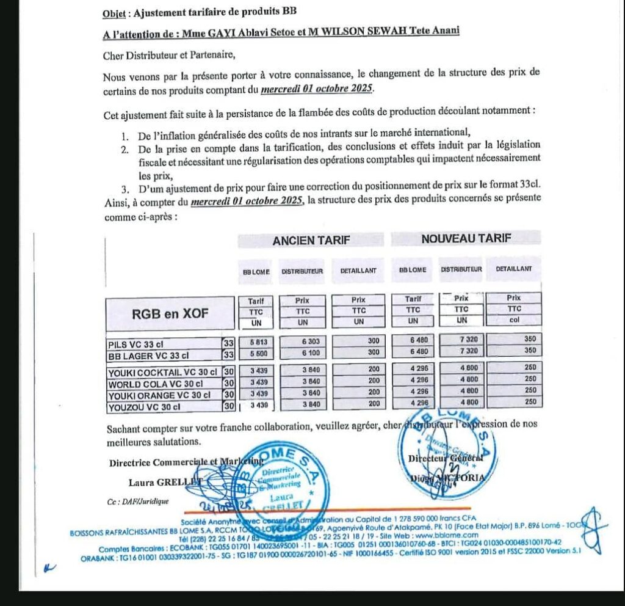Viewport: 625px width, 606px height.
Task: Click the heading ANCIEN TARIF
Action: click(311, 240)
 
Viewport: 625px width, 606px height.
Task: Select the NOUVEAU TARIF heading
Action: click(466, 239)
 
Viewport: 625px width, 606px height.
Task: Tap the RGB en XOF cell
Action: click(170, 315)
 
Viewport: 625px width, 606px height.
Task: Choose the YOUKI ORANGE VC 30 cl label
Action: click(159, 395)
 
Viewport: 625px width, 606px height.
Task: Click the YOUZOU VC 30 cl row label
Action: click(145, 406)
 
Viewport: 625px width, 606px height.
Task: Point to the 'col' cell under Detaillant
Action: click(513, 320)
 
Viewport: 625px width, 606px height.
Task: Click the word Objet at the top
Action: click(114, 12)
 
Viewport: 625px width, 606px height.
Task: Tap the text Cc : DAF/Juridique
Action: click(136, 502)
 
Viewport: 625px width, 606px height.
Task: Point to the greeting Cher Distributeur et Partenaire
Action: click(169, 55)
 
